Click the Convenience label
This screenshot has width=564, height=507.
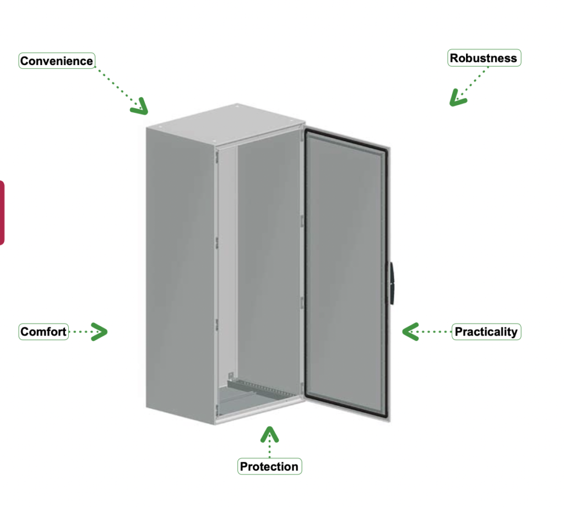click(x=57, y=61)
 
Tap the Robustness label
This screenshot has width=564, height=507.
click(x=484, y=58)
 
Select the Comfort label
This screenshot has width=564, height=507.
click(x=44, y=331)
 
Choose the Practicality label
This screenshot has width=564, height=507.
click(x=486, y=331)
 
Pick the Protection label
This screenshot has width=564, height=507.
click(x=269, y=466)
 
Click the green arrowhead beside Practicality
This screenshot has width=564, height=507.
click(x=409, y=331)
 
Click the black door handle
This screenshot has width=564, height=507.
click(x=391, y=283)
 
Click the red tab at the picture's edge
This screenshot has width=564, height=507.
click(x=2, y=213)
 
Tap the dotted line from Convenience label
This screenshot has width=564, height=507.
click(x=117, y=87)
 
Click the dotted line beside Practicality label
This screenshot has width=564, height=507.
click(x=434, y=331)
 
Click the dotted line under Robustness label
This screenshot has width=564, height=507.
click(x=472, y=83)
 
